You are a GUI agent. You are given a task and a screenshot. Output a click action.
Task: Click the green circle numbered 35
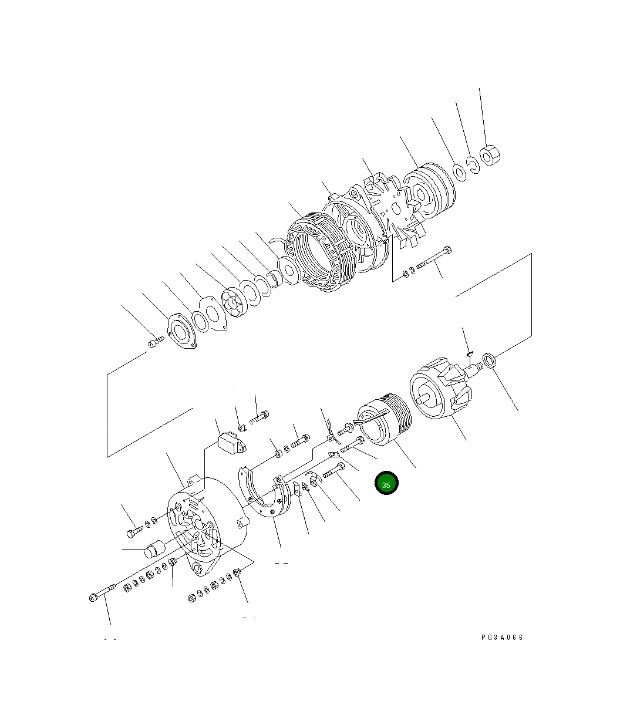386,484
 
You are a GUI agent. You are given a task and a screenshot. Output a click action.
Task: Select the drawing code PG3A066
501,638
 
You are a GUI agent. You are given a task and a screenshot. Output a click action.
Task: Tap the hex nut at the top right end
490,156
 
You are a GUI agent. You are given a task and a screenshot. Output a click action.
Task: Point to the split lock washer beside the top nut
474,164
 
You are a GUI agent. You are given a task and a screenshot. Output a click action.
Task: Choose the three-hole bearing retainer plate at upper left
181,335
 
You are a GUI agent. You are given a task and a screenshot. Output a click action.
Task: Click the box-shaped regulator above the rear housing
232,443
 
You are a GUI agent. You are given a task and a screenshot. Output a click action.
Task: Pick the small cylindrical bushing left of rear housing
154,551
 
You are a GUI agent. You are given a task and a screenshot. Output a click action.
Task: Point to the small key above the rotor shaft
470,352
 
